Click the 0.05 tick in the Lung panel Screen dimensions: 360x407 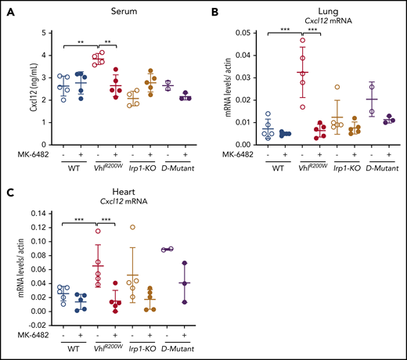point(242,32)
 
